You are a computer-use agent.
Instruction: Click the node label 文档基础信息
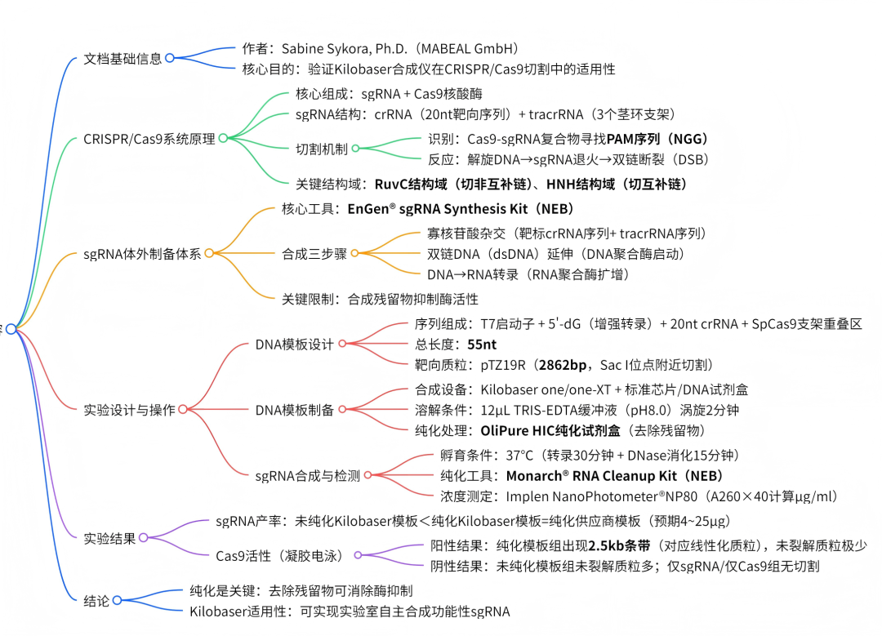[122, 59]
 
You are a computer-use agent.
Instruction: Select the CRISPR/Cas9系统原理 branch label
[149, 139]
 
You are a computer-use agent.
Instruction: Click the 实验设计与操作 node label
[129, 410]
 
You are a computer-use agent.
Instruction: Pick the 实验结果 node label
[109, 538]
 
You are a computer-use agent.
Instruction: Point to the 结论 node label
[96, 600]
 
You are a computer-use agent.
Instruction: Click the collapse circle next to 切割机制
[355, 149]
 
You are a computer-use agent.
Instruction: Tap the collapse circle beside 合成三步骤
[355, 253]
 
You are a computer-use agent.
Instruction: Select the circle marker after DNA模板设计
[342, 345]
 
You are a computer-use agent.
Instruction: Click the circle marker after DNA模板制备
[342, 410]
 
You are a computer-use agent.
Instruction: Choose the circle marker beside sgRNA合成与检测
[368, 475]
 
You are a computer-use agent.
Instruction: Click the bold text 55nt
[483, 345]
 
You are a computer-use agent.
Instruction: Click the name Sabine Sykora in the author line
[325, 49]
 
